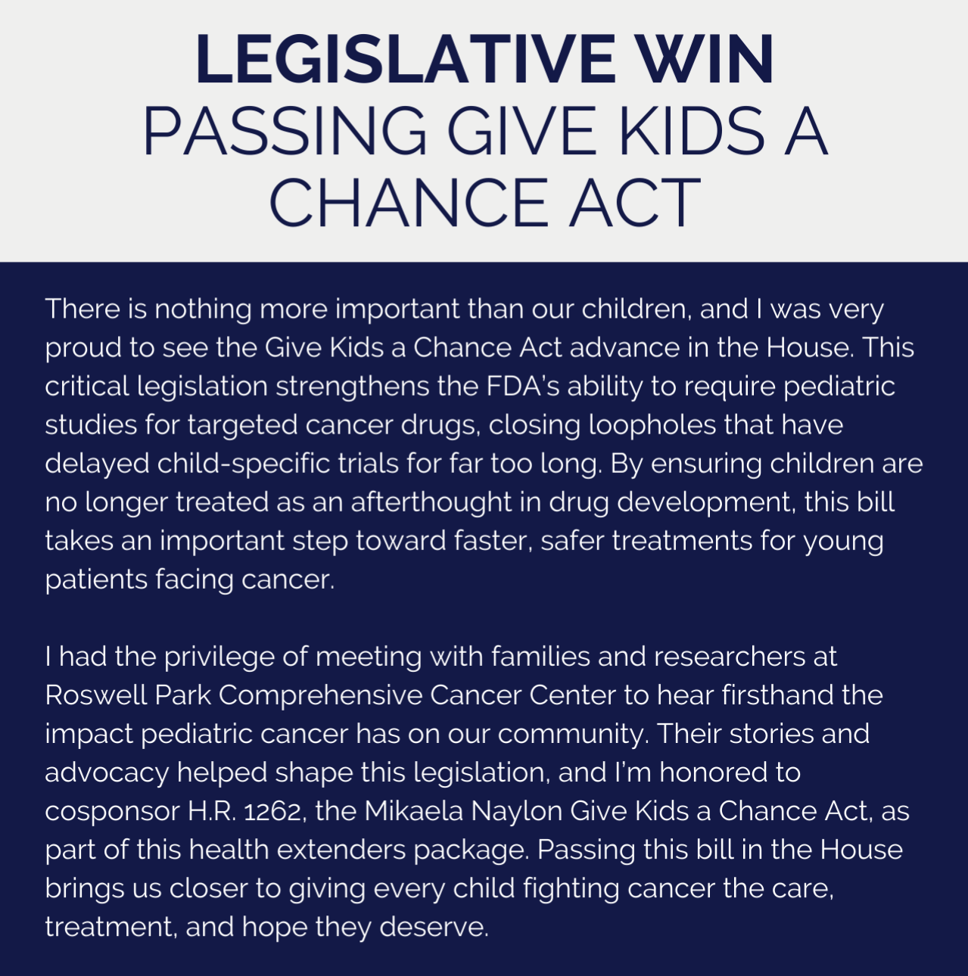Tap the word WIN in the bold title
pyautogui.click(x=704, y=60)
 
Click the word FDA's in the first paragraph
pyautogui.click(x=522, y=387)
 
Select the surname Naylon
pyautogui.click(x=517, y=811)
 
